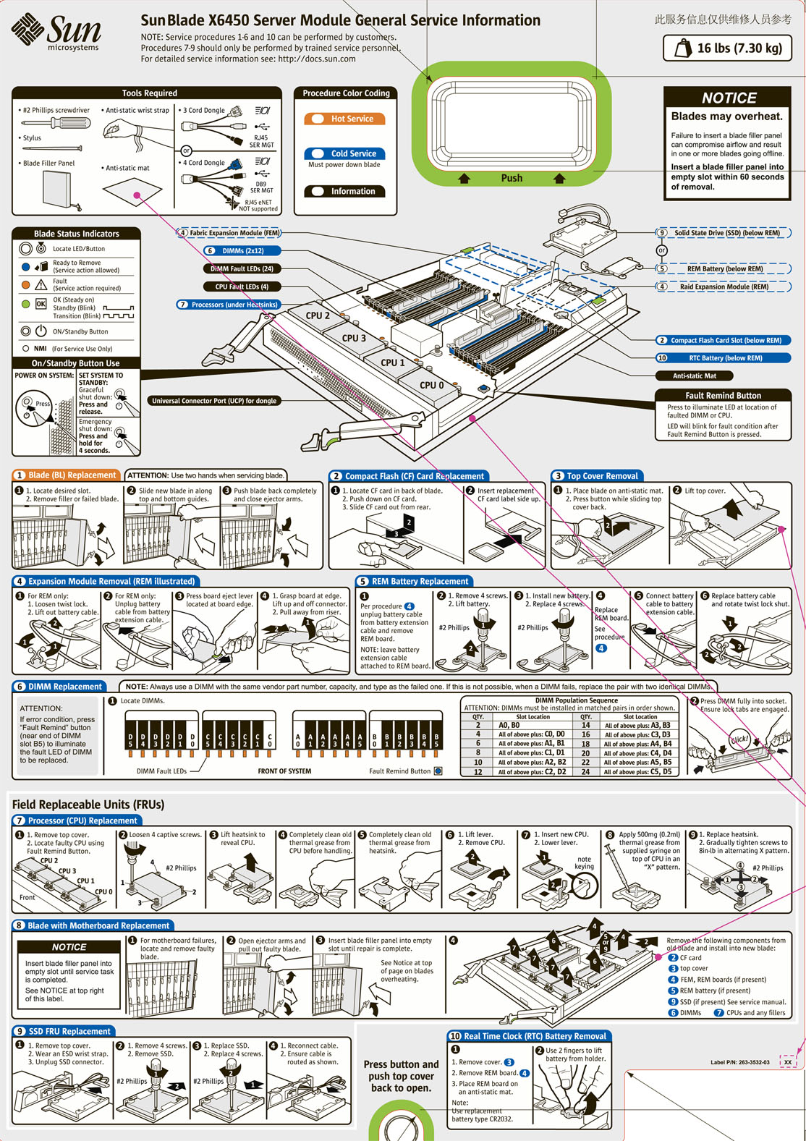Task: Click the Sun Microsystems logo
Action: pyautogui.click(x=56, y=33)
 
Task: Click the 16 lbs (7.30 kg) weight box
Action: pyautogui.click(x=727, y=48)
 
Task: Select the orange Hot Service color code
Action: pyautogui.click(x=344, y=119)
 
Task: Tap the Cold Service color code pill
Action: pyautogui.click(x=344, y=153)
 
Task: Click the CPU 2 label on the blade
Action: pyautogui.click(x=317, y=315)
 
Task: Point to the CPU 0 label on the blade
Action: pyautogui.click(x=431, y=385)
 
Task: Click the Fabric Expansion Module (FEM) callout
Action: pyautogui.click(x=229, y=233)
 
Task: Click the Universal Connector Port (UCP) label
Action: pyautogui.click(x=213, y=401)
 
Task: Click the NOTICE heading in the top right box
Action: pyautogui.click(x=729, y=98)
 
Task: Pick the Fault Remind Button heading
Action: pyautogui.click(x=723, y=396)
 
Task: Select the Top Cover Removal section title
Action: pyautogui.click(x=601, y=476)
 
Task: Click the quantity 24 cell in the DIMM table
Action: pyautogui.click(x=585, y=772)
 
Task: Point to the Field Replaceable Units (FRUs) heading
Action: pyautogui.click(x=88, y=805)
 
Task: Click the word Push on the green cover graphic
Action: pyautogui.click(x=512, y=178)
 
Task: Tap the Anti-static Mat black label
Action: pyautogui.click(x=694, y=376)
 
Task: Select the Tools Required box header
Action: pyautogui.click(x=149, y=93)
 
